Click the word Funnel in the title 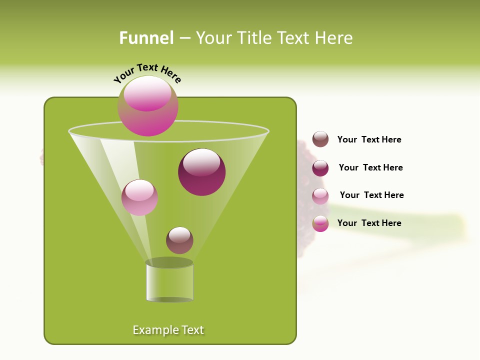point(146,38)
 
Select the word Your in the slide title point(213,38)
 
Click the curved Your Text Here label point(147,73)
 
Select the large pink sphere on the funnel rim point(148,105)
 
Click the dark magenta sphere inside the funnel point(202,172)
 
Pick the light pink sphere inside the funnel point(139,197)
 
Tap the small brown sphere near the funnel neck point(179,240)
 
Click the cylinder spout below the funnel point(169,281)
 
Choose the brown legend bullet point(320,139)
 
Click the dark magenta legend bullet point(320,168)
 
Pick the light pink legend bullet point(320,196)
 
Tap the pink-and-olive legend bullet point(320,223)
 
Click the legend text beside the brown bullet point(369,139)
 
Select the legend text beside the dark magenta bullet point(370,167)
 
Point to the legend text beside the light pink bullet point(371,195)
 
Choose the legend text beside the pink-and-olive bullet point(369,223)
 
